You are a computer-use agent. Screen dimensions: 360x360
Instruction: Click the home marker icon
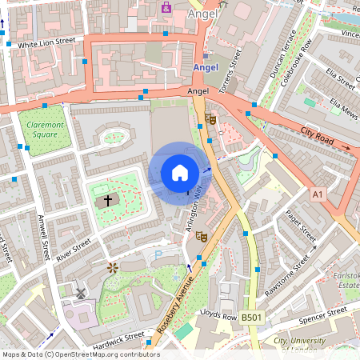click(180, 173)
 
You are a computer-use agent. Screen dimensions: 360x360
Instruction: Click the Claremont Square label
click(46, 130)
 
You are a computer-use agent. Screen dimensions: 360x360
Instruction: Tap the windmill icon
click(79, 293)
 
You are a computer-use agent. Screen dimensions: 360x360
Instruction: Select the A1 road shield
click(318, 194)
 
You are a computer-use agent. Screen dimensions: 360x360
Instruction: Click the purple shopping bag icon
click(166, 7)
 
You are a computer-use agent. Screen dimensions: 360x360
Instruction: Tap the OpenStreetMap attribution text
click(80, 354)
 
